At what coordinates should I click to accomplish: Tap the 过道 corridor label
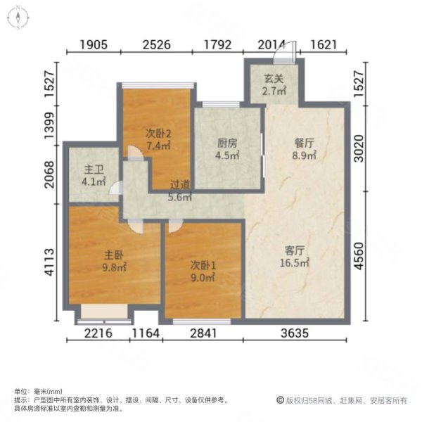pos(181,186)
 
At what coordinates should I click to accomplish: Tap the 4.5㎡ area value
pos(226,157)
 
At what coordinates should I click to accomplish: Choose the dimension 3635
pos(295,334)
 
